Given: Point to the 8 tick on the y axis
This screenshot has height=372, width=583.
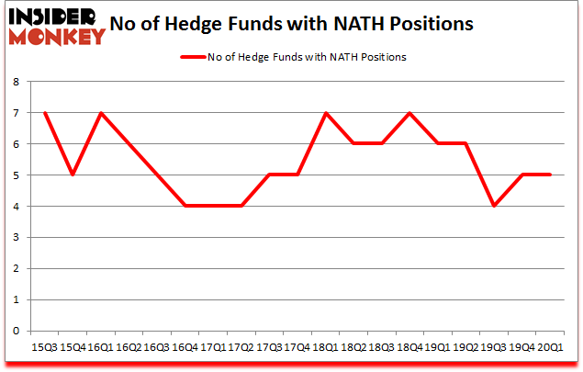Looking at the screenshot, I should point(16,82).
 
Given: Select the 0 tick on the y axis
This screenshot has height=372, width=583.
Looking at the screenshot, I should point(16,331).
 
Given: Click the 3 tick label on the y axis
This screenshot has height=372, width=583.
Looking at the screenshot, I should point(16,237).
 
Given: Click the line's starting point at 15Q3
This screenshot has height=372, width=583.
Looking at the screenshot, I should point(45,113).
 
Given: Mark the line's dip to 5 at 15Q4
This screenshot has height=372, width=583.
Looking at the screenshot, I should point(73,175).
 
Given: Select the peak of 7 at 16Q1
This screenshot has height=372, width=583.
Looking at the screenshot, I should point(101,113).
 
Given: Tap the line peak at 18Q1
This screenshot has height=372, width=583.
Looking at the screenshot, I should point(325,113).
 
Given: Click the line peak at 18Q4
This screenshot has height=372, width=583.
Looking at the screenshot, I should point(409,113).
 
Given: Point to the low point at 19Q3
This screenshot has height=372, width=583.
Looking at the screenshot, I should point(494,206).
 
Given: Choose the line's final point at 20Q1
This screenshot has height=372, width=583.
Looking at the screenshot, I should point(550,175).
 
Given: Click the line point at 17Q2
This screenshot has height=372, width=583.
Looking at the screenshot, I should point(241,206).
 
